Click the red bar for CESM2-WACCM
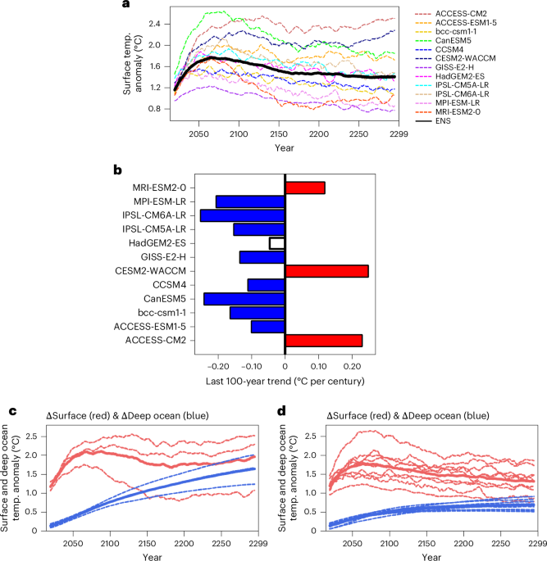tap(326, 271)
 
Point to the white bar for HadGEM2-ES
tap(277, 243)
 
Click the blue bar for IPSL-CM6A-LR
tap(243, 215)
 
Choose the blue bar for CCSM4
tap(266, 285)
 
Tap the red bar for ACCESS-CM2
tap(323, 341)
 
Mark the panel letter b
tap(117, 171)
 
